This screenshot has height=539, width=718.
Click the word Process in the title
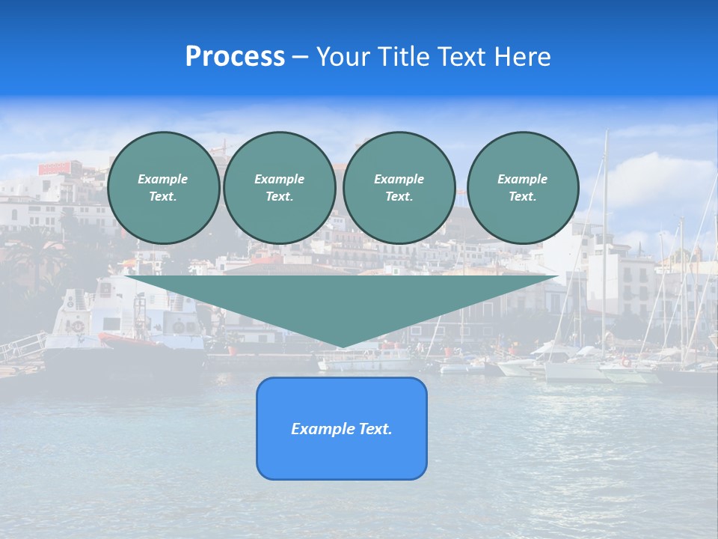(x=235, y=57)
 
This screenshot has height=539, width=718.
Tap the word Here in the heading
(x=522, y=57)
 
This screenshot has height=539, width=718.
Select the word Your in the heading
(x=342, y=57)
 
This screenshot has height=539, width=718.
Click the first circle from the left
(x=163, y=188)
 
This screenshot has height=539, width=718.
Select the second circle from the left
(x=279, y=188)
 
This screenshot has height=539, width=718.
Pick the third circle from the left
(x=399, y=188)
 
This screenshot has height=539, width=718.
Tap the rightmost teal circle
(x=522, y=188)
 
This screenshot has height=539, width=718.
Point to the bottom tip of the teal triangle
(x=342, y=346)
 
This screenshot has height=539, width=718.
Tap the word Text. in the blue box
(x=375, y=429)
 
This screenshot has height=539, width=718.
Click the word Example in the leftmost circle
(x=163, y=179)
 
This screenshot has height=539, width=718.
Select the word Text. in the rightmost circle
(x=522, y=197)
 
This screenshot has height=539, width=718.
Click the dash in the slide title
(x=300, y=57)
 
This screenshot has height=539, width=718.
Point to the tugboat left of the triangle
(x=127, y=322)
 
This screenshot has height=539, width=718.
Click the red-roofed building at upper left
(x=60, y=168)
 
